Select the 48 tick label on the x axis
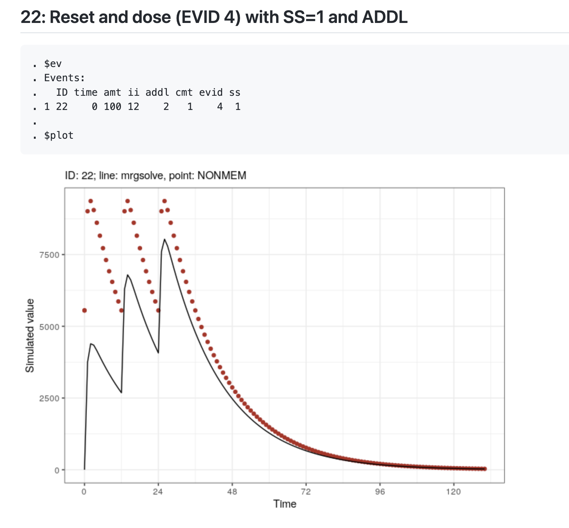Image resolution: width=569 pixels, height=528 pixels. click(232, 492)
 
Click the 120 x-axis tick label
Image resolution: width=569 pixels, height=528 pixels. click(453, 492)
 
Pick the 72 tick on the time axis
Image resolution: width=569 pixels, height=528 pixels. click(306, 492)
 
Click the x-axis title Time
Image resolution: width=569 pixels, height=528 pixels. click(285, 504)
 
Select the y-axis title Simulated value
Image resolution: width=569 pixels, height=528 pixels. click(30, 335)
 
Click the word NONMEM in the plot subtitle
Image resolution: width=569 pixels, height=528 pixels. click(222, 176)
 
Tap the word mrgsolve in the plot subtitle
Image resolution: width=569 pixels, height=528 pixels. click(142, 176)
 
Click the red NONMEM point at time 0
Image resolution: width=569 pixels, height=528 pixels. click(85, 310)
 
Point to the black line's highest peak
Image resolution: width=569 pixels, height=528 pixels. click(165, 239)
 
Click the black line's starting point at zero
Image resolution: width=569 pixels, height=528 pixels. click(85, 469)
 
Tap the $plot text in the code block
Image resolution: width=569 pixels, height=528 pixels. click(59, 135)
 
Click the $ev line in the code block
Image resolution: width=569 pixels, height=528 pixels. click(53, 64)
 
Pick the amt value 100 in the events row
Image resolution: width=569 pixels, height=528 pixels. click(112, 107)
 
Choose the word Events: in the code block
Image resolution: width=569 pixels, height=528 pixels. click(64, 78)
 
